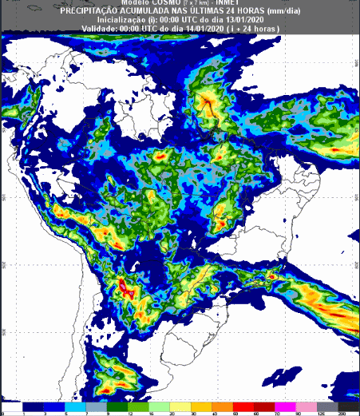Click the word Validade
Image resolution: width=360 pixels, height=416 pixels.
99,28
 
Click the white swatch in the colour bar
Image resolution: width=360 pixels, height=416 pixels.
13,406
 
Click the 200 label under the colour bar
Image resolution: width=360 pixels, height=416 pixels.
341,413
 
